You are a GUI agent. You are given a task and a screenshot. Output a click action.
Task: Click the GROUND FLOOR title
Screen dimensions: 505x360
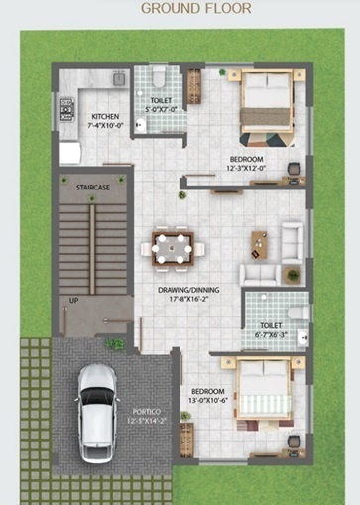pos(195,8)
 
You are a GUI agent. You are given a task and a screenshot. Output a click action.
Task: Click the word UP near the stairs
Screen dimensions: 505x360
pos(73,299)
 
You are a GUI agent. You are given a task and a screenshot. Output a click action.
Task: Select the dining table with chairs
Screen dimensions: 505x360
pos(173,247)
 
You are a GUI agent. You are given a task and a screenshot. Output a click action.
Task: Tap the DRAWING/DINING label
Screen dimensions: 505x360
pos(187,290)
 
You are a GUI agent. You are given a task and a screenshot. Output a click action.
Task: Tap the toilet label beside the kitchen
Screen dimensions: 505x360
pos(160,102)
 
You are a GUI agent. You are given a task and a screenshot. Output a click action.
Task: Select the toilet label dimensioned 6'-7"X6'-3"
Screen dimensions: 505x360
pos(271,335)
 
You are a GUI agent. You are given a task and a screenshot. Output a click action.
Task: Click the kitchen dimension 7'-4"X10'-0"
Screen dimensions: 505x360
pos(105,126)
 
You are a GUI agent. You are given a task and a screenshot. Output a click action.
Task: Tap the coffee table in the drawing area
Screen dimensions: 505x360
pos(259,241)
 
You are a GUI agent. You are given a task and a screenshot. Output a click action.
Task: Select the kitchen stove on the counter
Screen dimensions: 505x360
pos(67,110)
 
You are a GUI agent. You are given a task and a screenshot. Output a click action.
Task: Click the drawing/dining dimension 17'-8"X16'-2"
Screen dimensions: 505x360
pos(187,299)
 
